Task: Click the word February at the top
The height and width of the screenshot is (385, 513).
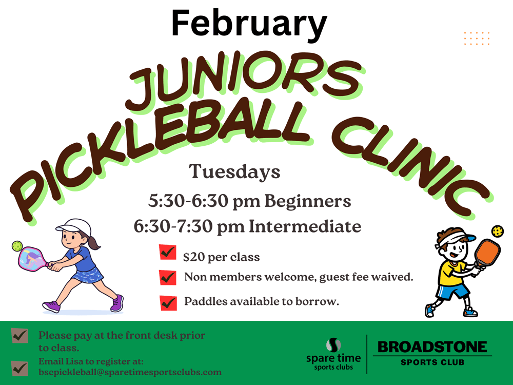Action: point(249,24)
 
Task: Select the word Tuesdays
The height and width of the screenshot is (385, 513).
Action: point(234,171)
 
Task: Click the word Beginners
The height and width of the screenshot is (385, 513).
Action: point(307,201)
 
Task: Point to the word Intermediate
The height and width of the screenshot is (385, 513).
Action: point(305,226)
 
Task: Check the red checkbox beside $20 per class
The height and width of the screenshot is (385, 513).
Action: point(168,253)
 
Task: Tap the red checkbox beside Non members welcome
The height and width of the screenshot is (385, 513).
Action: point(168,277)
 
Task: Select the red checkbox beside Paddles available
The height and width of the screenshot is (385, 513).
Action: point(168,302)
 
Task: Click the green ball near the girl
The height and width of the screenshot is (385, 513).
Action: point(17,246)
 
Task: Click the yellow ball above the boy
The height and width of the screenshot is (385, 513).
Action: point(498,231)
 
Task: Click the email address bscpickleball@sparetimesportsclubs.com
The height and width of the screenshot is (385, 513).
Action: point(130,372)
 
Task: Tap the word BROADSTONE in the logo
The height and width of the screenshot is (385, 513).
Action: point(432,347)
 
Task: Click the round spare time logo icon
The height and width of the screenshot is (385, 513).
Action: point(333,345)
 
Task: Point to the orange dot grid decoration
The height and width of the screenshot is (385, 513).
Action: point(477,38)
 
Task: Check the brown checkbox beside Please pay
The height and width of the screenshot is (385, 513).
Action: point(19,336)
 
